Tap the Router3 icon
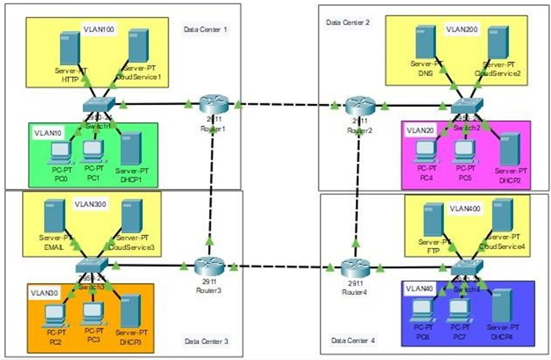point(208,265)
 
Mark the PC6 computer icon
point(424,311)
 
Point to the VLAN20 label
point(421,130)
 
